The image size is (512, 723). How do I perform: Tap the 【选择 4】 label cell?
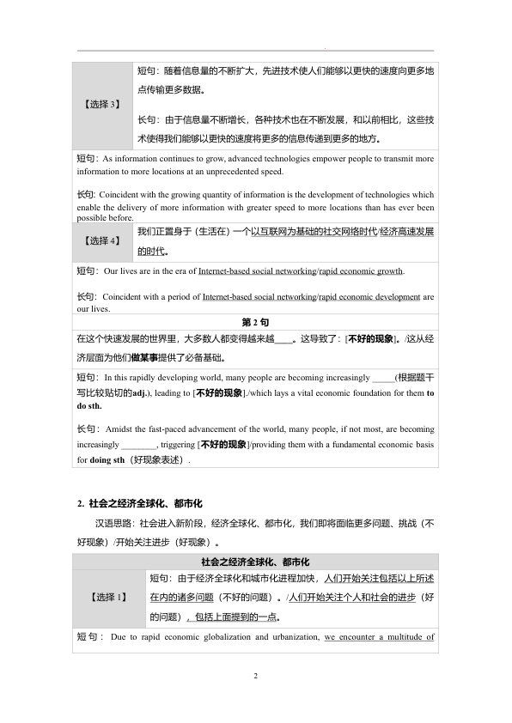tap(104, 241)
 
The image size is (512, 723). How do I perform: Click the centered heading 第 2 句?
tap(255, 321)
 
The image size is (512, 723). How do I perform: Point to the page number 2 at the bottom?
tap(256, 677)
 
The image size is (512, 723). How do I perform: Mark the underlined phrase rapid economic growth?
tap(360, 270)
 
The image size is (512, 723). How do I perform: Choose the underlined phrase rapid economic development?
tap(369, 297)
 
